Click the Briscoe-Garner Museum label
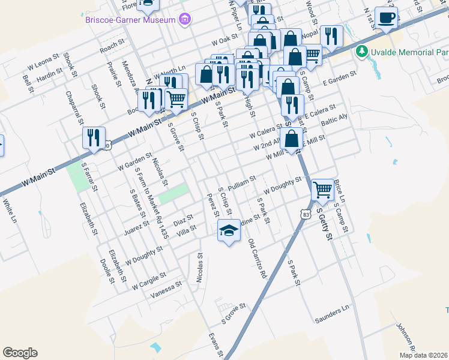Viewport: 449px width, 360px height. click(x=130, y=19)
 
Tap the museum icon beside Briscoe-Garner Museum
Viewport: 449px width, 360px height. click(x=185, y=20)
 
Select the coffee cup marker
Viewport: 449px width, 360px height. click(x=386, y=17)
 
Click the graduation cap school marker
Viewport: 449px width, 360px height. click(x=228, y=230)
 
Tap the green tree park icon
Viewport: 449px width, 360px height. click(x=361, y=52)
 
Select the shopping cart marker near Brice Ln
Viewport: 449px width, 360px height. click(x=323, y=190)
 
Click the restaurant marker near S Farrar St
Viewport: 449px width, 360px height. click(x=94, y=137)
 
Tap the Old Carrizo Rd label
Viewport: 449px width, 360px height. click(x=257, y=259)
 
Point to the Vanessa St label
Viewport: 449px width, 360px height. click(x=166, y=289)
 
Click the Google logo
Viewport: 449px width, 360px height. click(x=20, y=353)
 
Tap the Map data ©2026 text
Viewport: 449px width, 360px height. click(x=423, y=355)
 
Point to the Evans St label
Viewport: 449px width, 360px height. click(x=215, y=343)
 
